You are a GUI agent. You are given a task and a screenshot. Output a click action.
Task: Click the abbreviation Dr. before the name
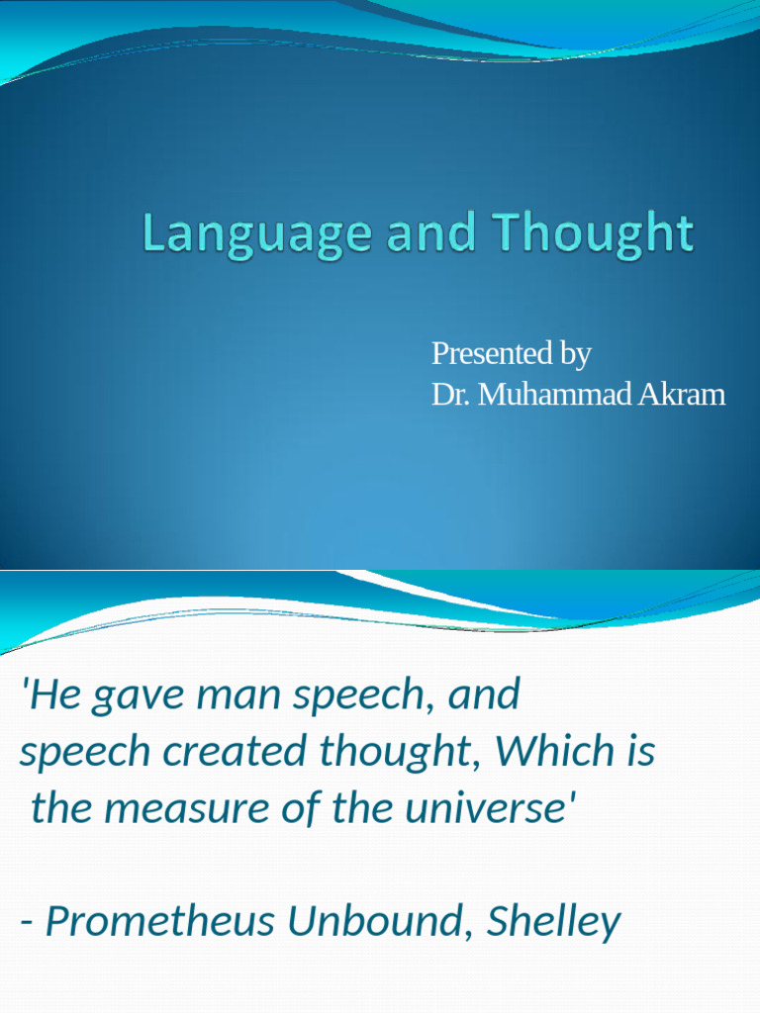pos(450,395)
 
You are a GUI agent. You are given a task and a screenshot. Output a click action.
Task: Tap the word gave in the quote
pos(137,695)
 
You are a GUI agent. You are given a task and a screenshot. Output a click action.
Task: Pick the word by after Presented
pos(574,353)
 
